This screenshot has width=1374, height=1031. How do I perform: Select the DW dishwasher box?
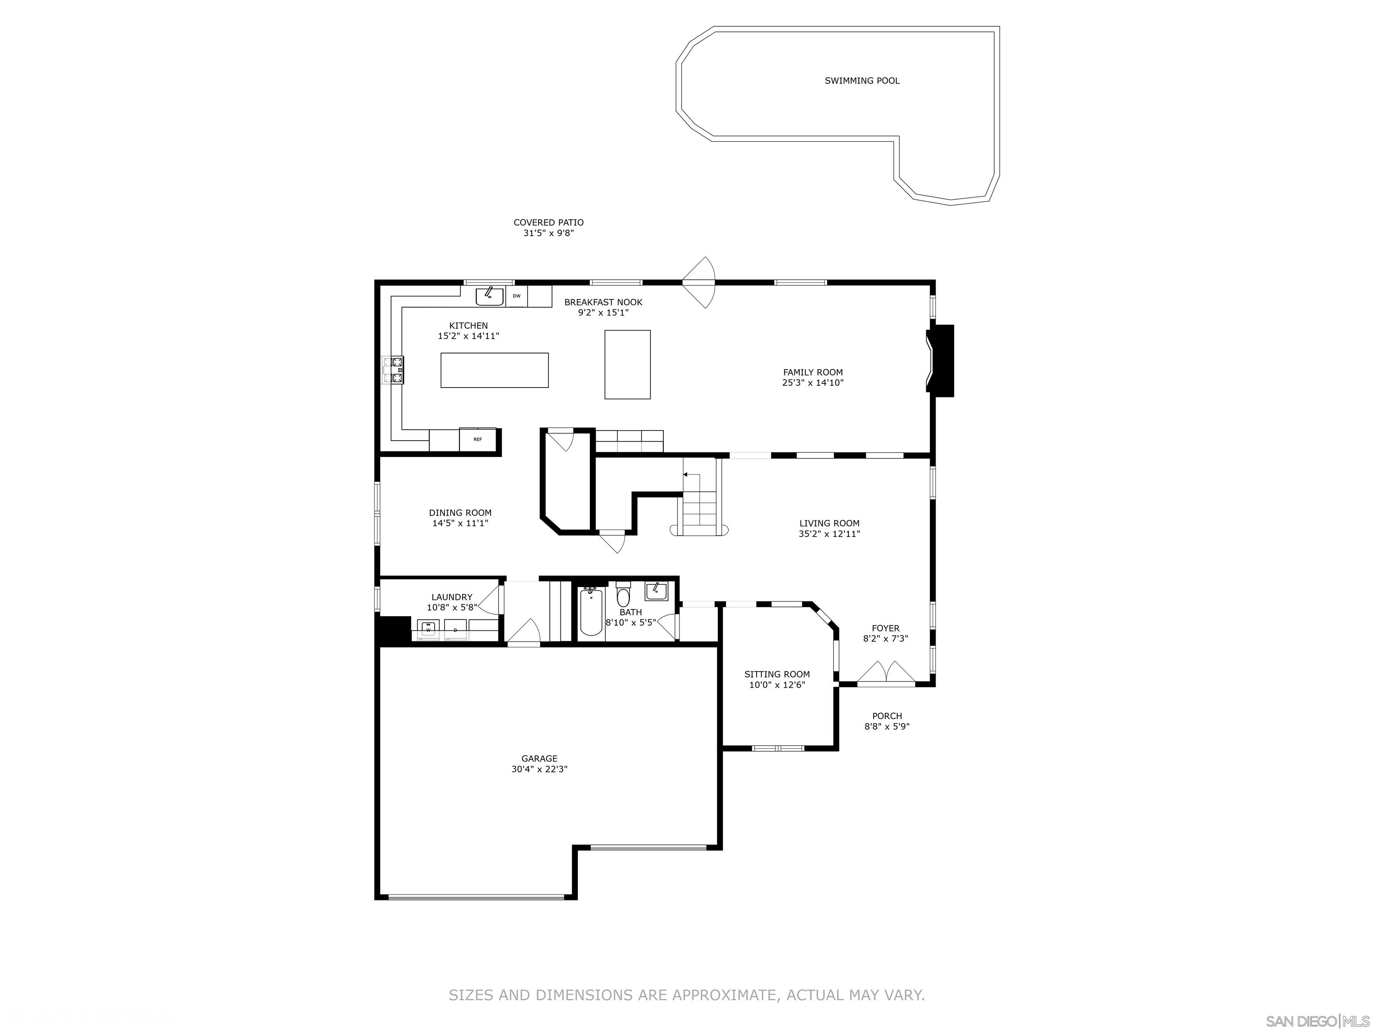point(516,296)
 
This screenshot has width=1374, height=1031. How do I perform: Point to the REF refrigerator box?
point(478,439)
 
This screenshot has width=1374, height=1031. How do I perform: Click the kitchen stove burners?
point(393,369)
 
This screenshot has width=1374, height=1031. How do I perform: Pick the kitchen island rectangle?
point(494,371)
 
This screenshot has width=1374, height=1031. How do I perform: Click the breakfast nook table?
point(628,364)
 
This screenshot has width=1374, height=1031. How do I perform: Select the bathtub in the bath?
point(591,612)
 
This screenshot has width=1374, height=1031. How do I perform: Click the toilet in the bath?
point(623,595)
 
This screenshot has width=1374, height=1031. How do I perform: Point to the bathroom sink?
point(656,591)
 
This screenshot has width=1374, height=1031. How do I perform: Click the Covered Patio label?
point(548,222)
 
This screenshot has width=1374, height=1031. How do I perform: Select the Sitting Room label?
point(777,674)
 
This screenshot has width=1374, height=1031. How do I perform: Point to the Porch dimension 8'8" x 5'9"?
point(887,726)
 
